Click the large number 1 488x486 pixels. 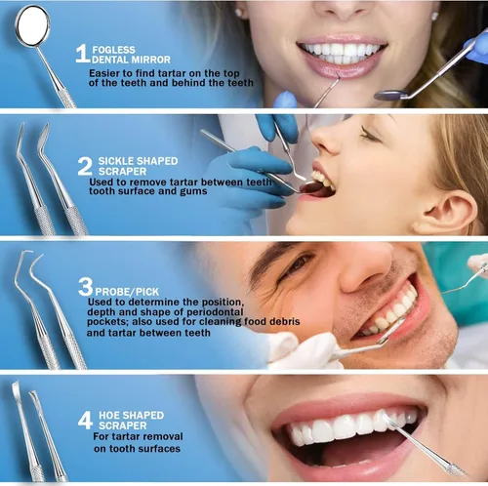pos(82,54)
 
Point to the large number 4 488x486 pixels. pos(85,421)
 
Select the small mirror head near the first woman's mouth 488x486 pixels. pos(390,95)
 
